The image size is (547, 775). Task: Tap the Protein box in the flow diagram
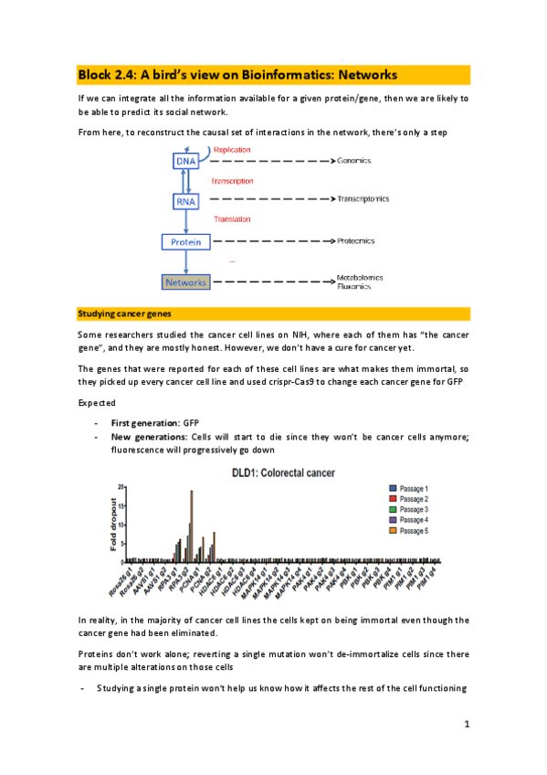(185, 242)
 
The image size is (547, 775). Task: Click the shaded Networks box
(185, 282)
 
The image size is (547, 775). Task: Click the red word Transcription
(232, 181)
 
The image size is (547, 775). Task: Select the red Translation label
(232, 219)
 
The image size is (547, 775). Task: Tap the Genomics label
(354, 161)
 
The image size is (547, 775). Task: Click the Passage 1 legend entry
(421, 488)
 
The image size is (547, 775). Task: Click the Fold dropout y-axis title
(115, 520)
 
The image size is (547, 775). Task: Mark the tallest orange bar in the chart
(192, 526)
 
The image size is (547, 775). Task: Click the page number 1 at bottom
(466, 725)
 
